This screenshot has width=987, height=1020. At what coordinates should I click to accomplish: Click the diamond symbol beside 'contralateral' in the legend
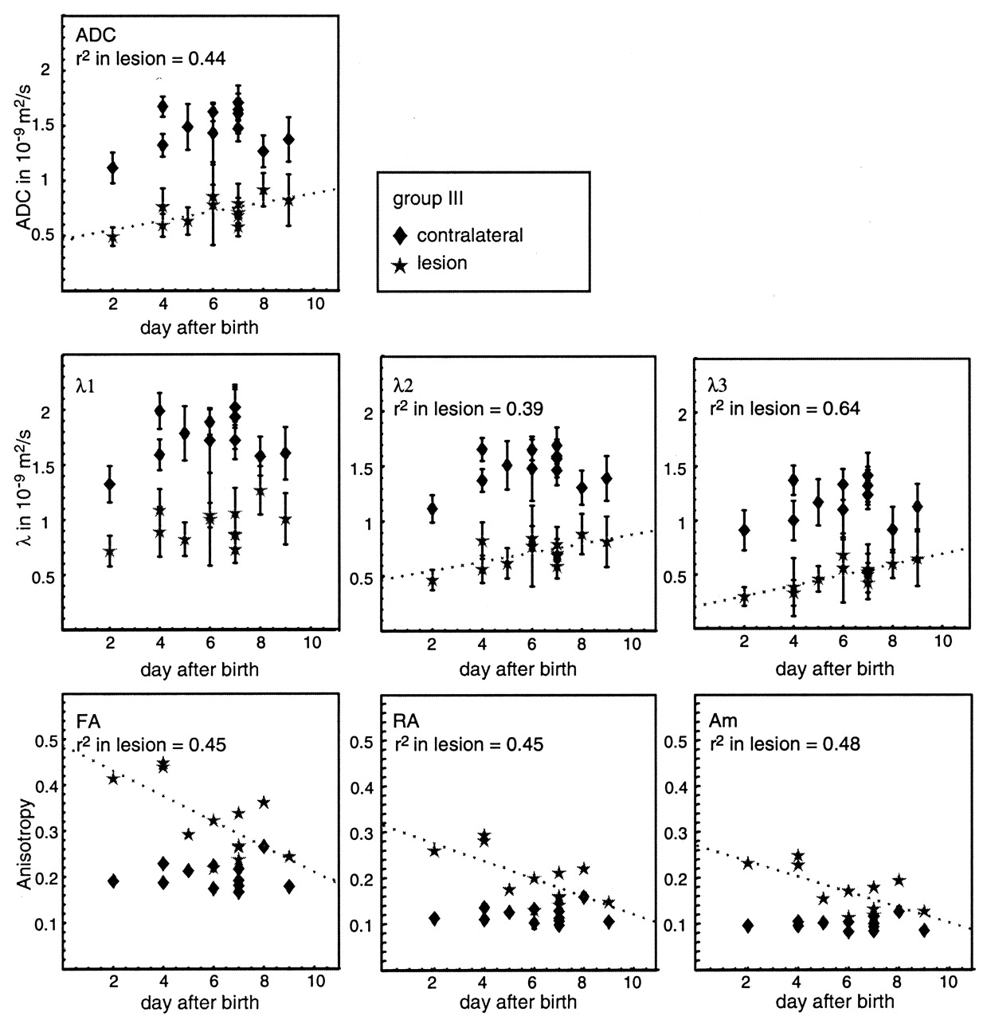[x=401, y=235]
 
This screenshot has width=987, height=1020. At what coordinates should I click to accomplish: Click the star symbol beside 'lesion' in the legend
[x=401, y=264]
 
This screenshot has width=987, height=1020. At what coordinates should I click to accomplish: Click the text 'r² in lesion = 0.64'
[x=784, y=408]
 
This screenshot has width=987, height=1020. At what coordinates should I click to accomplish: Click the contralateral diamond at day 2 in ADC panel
[x=112, y=168]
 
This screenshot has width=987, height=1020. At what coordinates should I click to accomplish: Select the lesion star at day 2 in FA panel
[x=113, y=779]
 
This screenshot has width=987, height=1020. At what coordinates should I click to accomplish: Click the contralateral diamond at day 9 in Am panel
[x=924, y=930]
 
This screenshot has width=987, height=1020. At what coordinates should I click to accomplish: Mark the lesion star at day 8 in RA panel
[x=583, y=869]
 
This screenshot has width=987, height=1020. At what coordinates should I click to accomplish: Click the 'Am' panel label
[x=723, y=721]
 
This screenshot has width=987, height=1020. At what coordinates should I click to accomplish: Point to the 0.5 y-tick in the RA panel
[x=363, y=743]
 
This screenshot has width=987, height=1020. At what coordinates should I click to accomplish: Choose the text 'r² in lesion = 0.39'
[x=468, y=409]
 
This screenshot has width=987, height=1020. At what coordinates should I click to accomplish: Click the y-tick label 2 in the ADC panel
[x=45, y=70]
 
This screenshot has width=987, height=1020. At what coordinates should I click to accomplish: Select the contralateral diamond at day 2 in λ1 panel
[x=111, y=484]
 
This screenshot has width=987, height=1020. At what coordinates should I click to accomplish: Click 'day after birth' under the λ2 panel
[x=518, y=669]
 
